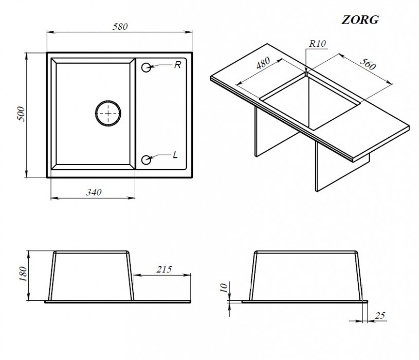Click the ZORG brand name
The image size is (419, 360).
pyautogui.click(x=360, y=20)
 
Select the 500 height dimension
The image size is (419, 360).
pyautogui.click(x=21, y=114)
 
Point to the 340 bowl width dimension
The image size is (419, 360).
pyautogui.click(x=93, y=192)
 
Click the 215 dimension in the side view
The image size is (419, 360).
pyautogui.click(x=163, y=269)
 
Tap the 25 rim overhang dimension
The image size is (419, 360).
pyautogui.click(x=380, y=315)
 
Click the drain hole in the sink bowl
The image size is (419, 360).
pyautogui.click(x=108, y=112)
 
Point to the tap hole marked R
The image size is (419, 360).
pyautogui.click(x=146, y=67)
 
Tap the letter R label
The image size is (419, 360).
pyautogui.click(x=177, y=65)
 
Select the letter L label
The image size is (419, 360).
pyautogui.click(x=176, y=155)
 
